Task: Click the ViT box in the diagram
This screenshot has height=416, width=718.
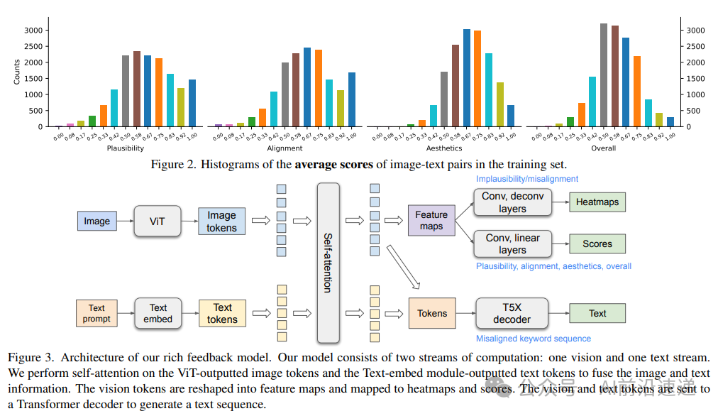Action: point(158,221)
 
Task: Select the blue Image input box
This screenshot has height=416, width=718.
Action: point(96,221)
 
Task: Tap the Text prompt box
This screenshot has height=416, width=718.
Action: point(96,313)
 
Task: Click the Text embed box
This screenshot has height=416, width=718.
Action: point(158,313)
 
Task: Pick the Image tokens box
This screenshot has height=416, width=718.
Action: point(221,221)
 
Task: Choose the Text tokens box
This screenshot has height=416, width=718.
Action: point(222,313)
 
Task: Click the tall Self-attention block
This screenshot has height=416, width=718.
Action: point(328,262)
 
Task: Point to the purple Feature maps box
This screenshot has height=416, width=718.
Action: point(431,220)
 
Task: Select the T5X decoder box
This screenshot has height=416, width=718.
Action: point(512,313)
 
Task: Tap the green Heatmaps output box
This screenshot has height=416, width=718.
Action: point(597,202)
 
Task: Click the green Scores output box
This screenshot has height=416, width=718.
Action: point(597,243)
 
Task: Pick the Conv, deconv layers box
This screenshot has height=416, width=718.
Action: point(512,202)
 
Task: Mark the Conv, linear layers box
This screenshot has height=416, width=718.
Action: point(512,243)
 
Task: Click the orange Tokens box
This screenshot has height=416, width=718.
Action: point(432,313)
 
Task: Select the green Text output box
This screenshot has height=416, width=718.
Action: point(597,313)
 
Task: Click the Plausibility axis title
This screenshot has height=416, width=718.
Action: point(125,148)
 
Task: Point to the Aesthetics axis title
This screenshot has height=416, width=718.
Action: point(444,148)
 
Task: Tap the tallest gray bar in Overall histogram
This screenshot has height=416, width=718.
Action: point(603,75)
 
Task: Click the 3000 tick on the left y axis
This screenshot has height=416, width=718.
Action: point(33,31)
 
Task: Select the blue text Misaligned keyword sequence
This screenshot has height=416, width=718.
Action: point(534,339)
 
